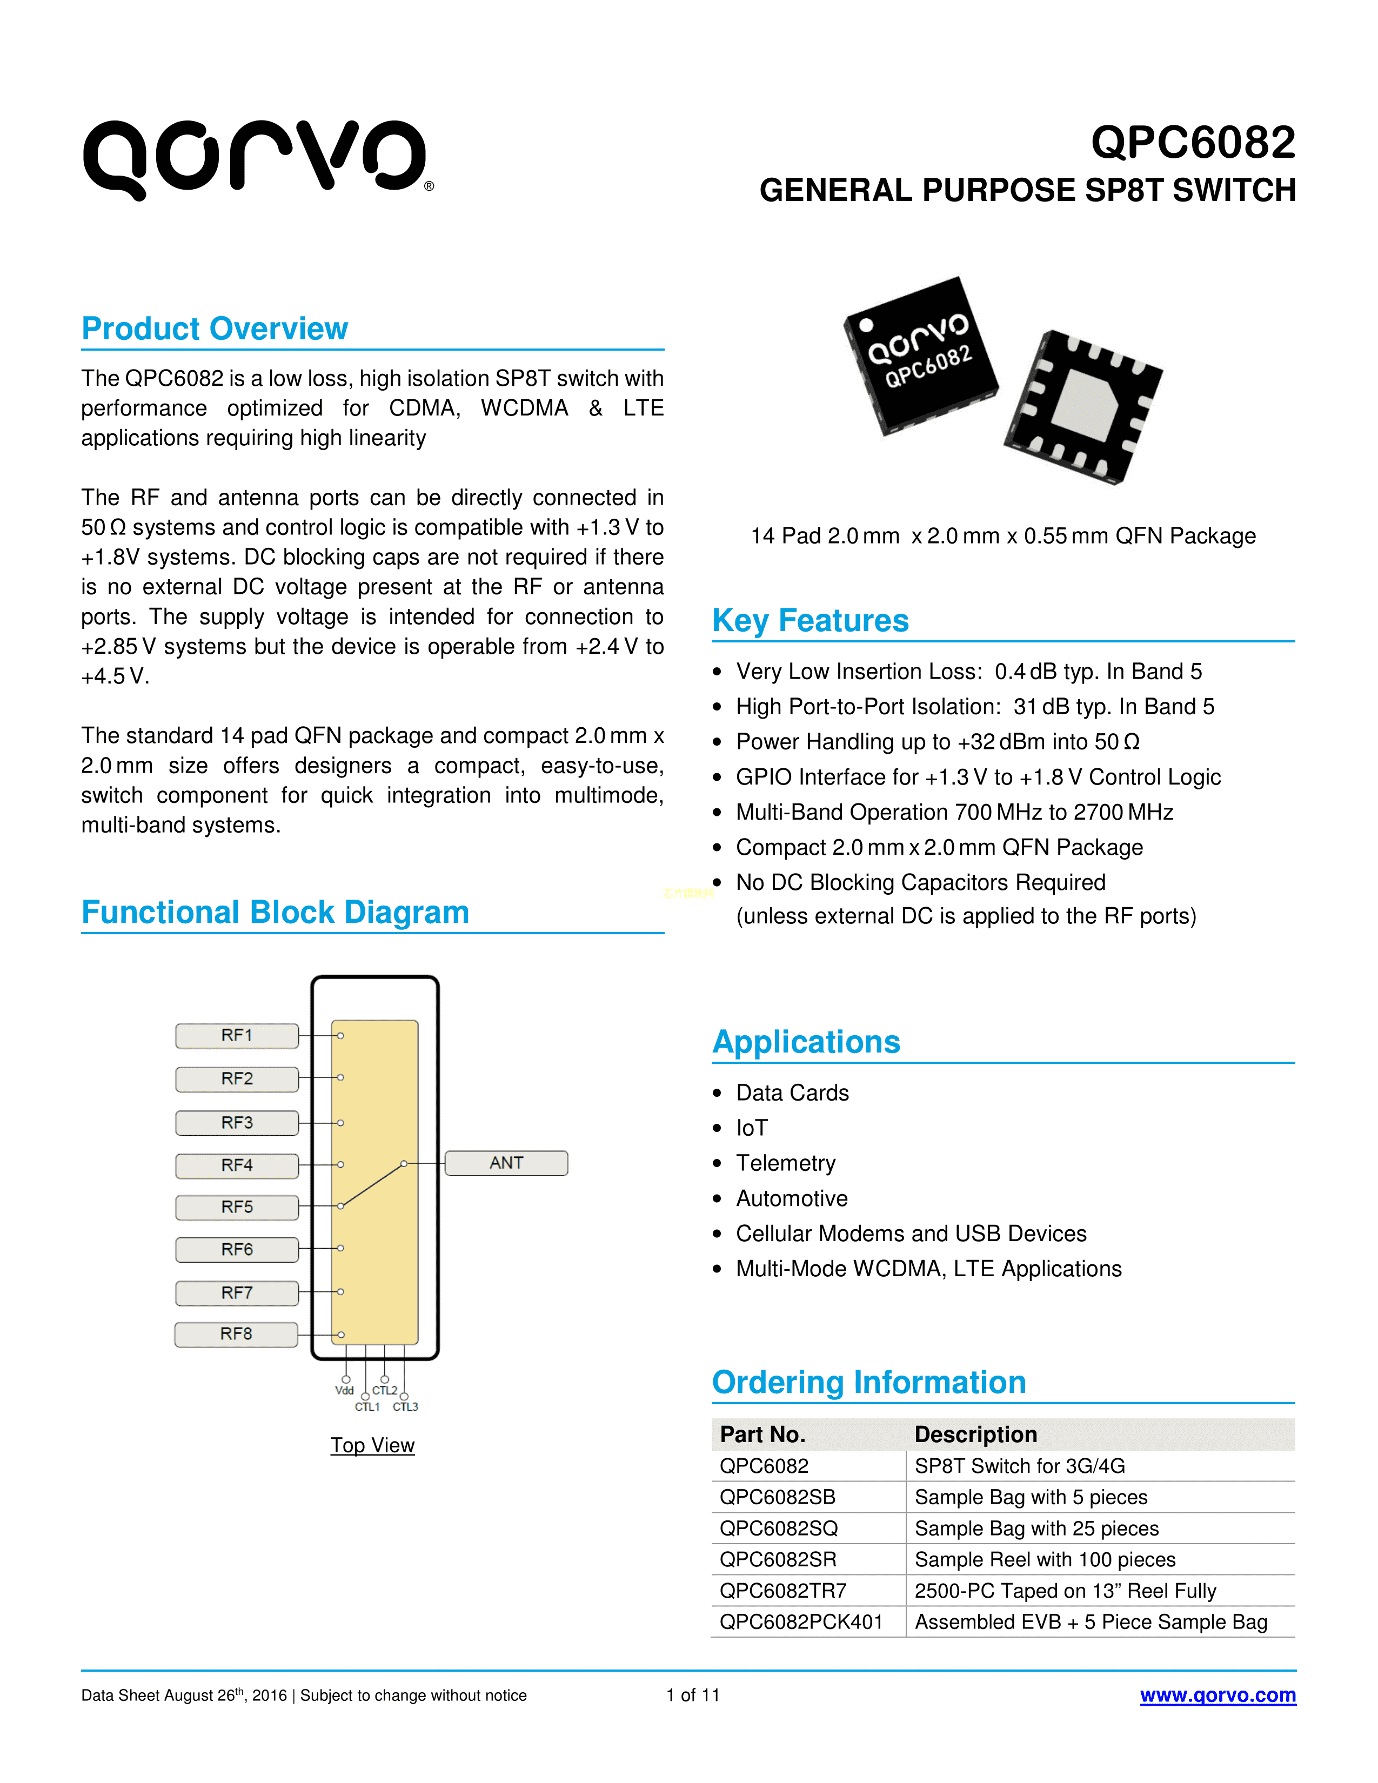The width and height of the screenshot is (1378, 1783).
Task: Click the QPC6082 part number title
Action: coord(1193,143)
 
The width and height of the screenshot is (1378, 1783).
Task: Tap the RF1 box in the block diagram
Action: coord(237,1035)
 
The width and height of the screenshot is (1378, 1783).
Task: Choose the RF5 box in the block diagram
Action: coord(237,1206)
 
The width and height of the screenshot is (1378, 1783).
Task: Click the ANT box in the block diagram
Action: coord(506,1163)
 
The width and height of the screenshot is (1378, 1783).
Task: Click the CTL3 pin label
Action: coord(406,1406)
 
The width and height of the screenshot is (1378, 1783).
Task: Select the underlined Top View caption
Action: coord(372,1445)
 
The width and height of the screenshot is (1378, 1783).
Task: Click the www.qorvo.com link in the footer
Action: coord(1217,1695)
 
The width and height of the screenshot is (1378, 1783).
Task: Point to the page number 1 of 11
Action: coord(692,1695)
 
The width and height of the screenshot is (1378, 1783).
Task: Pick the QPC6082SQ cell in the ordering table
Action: coord(779,1529)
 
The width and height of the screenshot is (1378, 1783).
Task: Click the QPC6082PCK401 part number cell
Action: coord(801,1621)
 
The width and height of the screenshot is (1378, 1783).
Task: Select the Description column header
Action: coord(975,1435)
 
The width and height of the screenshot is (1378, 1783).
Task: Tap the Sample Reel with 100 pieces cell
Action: coord(1045,1559)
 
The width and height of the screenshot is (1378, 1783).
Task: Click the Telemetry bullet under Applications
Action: coord(785,1163)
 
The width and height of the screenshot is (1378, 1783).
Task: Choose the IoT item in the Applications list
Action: coord(752,1128)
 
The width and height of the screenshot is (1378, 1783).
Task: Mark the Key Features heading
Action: coord(810,620)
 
